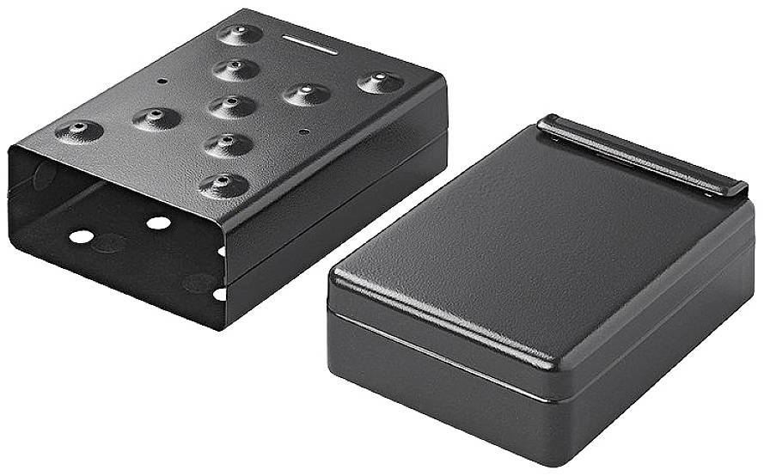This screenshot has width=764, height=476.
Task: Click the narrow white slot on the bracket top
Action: [x=309, y=45]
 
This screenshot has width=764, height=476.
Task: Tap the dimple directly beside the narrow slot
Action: [x=240, y=34]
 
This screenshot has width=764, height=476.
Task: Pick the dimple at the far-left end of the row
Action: [x=79, y=131]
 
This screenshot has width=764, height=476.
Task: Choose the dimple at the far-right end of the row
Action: [x=380, y=82]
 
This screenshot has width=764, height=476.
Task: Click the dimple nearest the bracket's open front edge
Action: [x=223, y=185]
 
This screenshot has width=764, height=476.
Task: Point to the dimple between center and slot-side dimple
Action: [x=236, y=69]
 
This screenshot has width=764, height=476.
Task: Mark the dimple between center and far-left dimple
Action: [x=156, y=118]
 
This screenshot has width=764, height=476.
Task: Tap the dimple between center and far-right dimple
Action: [x=307, y=94]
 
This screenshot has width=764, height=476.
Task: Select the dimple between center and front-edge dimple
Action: [x=229, y=143]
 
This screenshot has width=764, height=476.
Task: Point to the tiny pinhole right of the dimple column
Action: [x=305, y=131]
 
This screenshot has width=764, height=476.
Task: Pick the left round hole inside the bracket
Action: [x=82, y=235]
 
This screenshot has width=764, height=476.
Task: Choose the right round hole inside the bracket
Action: [x=158, y=223]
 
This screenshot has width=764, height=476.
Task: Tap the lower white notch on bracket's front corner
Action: [x=220, y=294]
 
